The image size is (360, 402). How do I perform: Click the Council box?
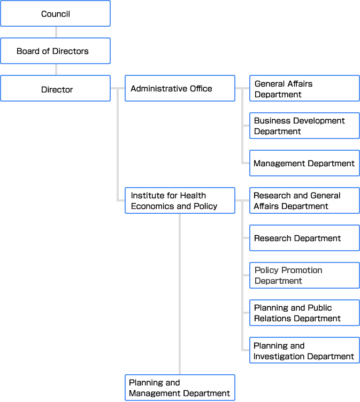(x=56, y=13)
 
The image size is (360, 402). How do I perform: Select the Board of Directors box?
(x=56, y=51)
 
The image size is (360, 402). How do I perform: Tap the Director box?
(x=56, y=88)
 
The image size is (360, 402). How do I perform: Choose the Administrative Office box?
(x=180, y=88)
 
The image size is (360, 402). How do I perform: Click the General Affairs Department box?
(x=304, y=88)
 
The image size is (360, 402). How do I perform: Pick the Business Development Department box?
(x=304, y=126)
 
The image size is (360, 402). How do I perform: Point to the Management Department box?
(x=304, y=163)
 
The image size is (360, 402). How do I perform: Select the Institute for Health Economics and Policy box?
(x=180, y=200)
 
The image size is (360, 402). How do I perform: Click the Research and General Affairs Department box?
(x=304, y=200)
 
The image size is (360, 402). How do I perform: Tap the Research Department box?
(x=304, y=238)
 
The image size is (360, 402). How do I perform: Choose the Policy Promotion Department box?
(x=304, y=275)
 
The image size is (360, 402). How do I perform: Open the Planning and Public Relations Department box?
(x=304, y=313)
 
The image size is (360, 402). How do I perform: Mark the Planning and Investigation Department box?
(x=304, y=350)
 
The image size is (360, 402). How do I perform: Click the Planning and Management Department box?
(x=180, y=388)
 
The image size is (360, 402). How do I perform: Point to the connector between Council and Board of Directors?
(x=56, y=32)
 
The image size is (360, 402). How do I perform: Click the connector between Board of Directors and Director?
(x=56, y=69)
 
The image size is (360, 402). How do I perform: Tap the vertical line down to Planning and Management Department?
(x=180, y=294)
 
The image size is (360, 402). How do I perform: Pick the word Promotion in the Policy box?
(x=302, y=270)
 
